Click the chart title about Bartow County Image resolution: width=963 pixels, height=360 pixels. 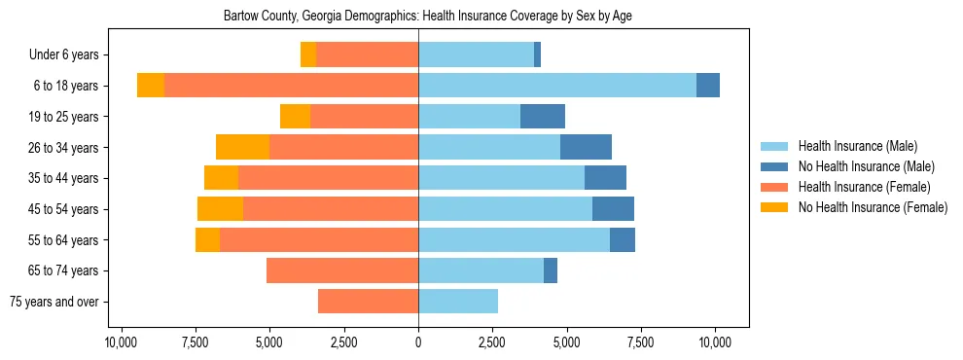[428, 17]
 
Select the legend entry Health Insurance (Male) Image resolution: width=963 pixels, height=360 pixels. [857, 147]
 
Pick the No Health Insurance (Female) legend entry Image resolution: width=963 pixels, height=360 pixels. [872, 207]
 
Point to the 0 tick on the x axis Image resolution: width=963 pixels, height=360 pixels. [418, 342]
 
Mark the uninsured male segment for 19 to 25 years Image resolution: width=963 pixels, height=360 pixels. [543, 117]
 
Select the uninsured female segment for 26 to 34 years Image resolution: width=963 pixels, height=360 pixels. [242, 148]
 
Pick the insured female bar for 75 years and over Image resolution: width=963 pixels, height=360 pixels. [368, 302]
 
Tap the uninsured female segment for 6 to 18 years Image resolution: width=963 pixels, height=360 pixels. [151, 86]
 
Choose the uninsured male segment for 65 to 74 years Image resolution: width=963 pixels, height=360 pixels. [551, 270]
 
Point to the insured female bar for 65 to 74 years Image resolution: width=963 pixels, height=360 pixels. [342, 270]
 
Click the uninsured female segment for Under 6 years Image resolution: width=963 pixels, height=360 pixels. [308, 55]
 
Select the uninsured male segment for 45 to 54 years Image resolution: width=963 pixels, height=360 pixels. [613, 209]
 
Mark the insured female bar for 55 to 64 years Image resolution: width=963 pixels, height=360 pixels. [319, 240]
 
